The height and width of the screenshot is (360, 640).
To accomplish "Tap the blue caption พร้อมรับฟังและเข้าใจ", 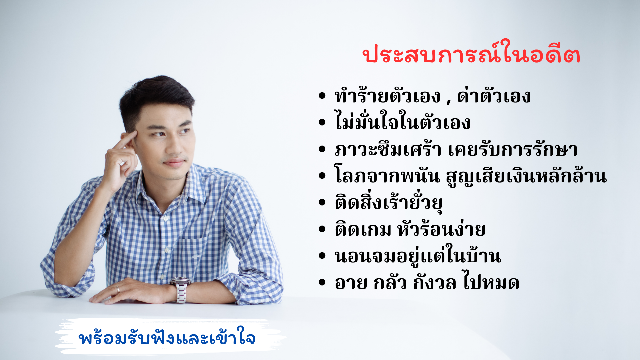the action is point(167,338).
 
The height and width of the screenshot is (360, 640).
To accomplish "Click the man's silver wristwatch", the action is point(180,290).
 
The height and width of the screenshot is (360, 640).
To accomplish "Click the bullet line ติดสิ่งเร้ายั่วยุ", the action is point(389,202).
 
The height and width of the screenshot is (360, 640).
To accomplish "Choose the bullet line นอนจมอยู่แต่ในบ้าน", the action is point(418,256).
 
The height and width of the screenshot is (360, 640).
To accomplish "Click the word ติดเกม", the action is point(363,229).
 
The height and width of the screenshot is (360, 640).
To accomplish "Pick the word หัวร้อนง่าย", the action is point(442,229).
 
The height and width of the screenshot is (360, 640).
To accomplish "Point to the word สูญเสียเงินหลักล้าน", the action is point(526,175).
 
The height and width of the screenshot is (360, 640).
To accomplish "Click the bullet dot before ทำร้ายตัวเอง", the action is point(322,96).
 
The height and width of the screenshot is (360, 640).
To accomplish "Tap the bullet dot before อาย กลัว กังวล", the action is point(322,283).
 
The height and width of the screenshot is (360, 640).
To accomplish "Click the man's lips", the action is point(174,163).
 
